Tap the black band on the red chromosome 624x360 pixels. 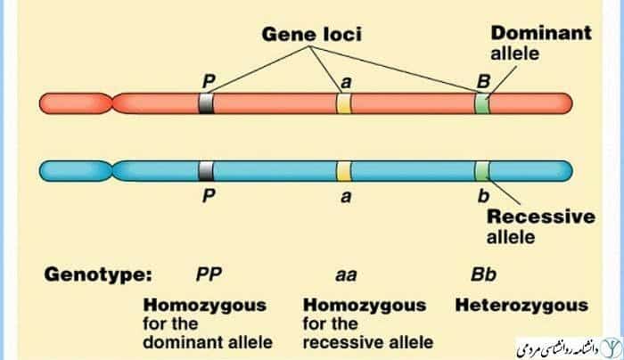pyautogui.click(x=206, y=103)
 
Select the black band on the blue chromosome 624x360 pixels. pyautogui.click(x=206, y=169)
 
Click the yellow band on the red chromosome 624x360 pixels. pyautogui.click(x=344, y=103)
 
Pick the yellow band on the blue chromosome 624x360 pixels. pyautogui.click(x=344, y=169)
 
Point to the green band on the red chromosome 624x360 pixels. pyautogui.click(x=481, y=103)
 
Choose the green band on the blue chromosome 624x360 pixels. pyautogui.click(x=481, y=169)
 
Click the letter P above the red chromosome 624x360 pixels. pyautogui.click(x=209, y=82)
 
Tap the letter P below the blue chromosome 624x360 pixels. pyautogui.click(x=208, y=198)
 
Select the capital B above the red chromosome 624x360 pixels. pyautogui.click(x=482, y=82)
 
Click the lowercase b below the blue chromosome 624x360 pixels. pyautogui.click(x=483, y=198)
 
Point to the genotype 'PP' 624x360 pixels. pyautogui.click(x=209, y=274)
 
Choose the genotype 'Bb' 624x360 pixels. pyautogui.click(x=482, y=274)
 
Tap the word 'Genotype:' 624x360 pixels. pyautogui.click(x=99, y=274)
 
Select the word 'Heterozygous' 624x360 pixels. pyautogui.click(x=521, y=306)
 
